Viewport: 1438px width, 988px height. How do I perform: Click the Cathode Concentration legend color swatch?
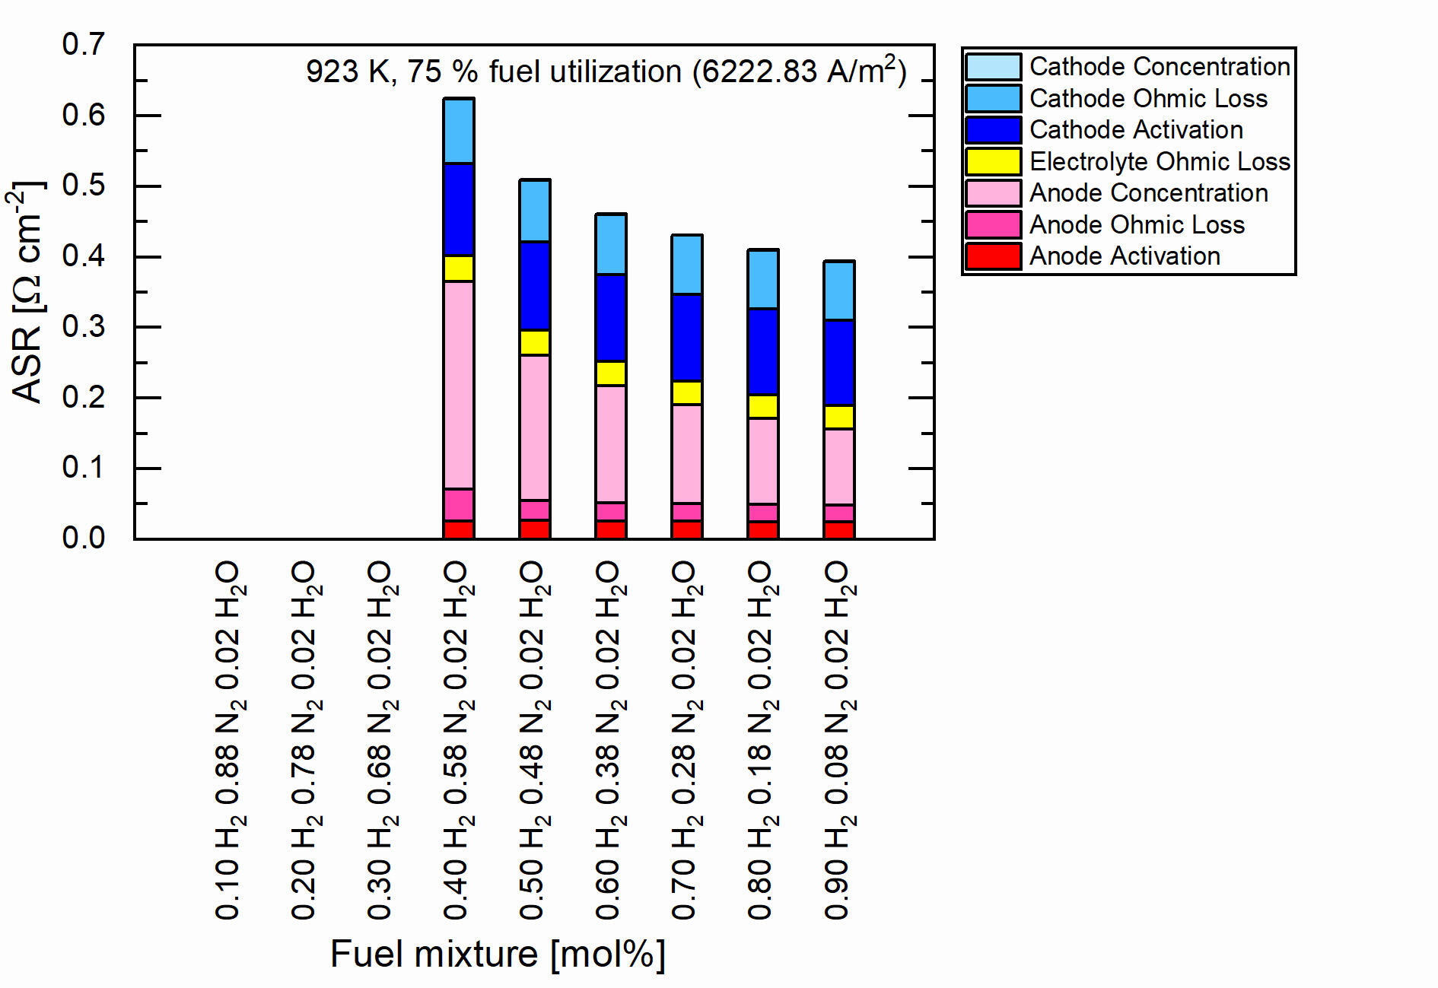click(993, 67)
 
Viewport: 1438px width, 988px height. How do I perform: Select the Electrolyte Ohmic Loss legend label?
click(1160, 161)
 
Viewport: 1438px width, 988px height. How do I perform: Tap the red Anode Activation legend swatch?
click(993, 256)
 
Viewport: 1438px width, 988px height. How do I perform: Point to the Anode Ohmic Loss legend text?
click(1137, 224)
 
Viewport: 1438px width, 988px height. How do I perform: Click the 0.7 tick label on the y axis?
click(84, 45)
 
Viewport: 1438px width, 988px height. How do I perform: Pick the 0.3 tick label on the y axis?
click(84, 327)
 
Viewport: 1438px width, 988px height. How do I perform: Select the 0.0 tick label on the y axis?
click(84, 538)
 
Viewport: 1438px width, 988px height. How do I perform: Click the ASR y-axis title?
click(27, 292)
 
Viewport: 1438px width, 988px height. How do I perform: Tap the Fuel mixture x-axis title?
click(498, 954)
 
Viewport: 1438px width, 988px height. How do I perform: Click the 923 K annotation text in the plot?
click(606, 71)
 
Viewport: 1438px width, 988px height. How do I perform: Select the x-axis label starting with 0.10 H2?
click(228, 740)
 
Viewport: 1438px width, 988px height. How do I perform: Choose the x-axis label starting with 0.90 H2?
click(838, 740)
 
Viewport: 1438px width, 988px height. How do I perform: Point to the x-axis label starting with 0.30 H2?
click(380, 740)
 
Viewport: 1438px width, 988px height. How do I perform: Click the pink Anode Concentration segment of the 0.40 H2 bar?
click(459, 385)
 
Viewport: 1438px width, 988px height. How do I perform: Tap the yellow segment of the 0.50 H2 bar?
click(535, 342)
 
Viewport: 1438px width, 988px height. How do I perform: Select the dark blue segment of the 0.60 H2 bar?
click(611, 318)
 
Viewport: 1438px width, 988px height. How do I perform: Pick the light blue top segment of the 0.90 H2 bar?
click(839, 291)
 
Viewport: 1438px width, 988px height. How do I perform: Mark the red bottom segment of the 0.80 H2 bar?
click(763, 529)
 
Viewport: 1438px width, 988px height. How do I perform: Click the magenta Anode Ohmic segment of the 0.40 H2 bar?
click(459, 504)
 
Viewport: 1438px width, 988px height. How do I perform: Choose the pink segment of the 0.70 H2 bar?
click(687, 453)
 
